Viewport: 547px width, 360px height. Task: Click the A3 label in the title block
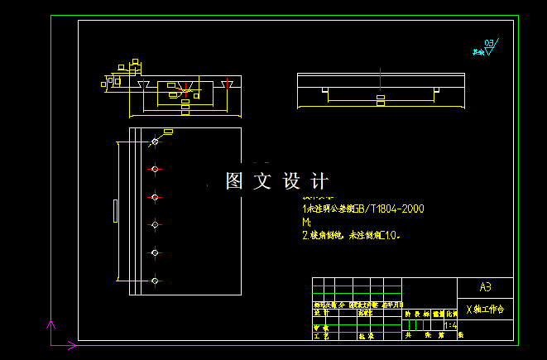click(x=485, y=287)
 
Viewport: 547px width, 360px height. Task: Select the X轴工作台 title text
click(x=485, y=310)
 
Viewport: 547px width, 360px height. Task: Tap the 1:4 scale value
click(x=450, y=326)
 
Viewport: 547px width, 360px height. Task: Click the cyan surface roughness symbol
click(x=487, y=47)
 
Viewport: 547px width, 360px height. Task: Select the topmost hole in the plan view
click(x=155, y=143)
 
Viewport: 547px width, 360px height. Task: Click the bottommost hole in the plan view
click(x=155, y=281)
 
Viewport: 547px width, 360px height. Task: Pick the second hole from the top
click(x=155, y=170)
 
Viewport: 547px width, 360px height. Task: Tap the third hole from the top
click(x=155, y=197)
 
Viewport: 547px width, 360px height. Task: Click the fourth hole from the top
click(x=155, y=224)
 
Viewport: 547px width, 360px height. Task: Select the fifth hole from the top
click(x=155, y=252)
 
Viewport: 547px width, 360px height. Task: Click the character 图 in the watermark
click(x=233, y=180)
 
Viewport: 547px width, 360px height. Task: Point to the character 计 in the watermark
click(x=320, y=180)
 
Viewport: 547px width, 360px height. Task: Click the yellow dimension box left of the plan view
click(x=115, y=211)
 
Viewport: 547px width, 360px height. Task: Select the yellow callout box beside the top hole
click(x=168, y=132)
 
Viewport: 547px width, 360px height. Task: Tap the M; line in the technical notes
click(x=306, y=223)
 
